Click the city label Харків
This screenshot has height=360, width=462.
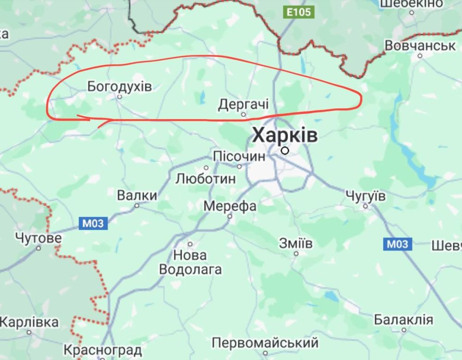(x=285, y=136)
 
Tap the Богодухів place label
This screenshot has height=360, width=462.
(x=119, y=86)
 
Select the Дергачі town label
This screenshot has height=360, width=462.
(x=243, y=104)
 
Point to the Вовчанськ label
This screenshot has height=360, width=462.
(x=420, y=46)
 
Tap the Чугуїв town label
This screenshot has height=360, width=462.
(x=365, y=195)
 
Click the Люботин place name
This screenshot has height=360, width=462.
(x=206, y=178)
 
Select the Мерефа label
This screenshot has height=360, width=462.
(x=230, y=206)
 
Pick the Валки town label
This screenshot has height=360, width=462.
(x=137, y=195)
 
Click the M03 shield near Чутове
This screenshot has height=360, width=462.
(x=94, y=224)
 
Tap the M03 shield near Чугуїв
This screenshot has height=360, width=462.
(x=397, y=244)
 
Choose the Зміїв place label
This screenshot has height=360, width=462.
(x=296, y=243)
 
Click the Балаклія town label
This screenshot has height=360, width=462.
(x=403, y=320)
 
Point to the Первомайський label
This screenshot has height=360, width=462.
(x=265, y=343)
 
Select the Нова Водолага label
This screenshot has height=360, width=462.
(x=190, y=262)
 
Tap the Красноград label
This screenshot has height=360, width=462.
(x=102, y=350)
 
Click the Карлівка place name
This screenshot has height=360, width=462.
(x=30, y=322)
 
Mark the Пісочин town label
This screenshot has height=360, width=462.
(x=239, y=156)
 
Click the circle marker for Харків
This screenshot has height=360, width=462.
(x=285, y=150)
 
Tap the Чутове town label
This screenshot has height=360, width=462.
(x=38, y=238)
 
